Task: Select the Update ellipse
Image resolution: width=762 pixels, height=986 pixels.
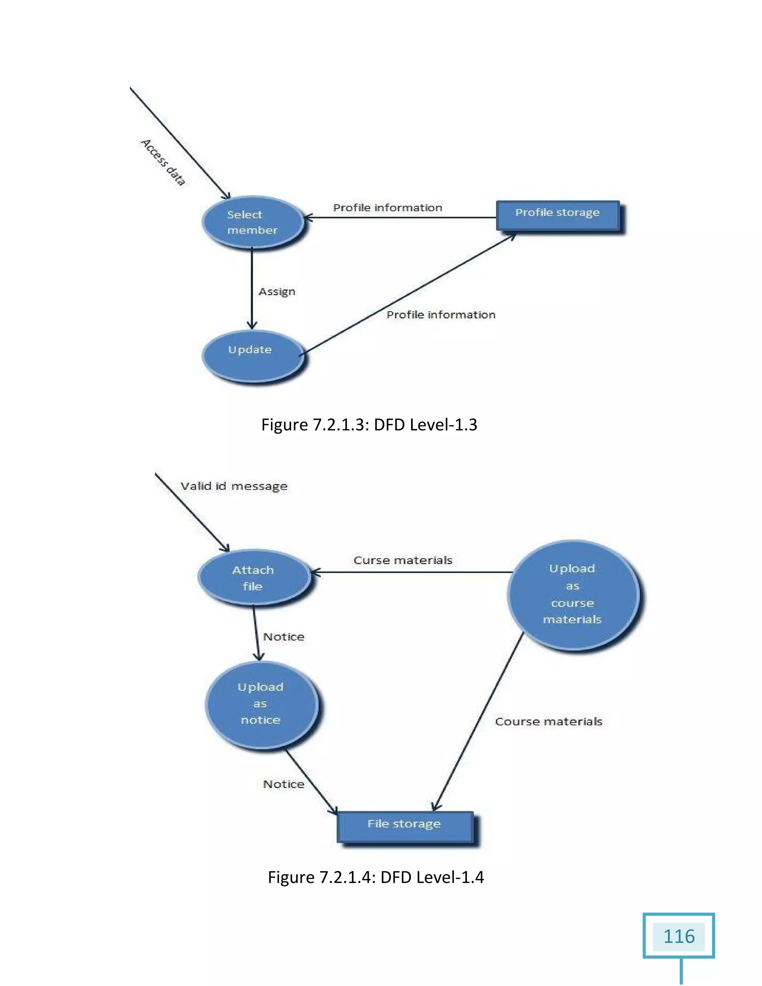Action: tap(252, 356)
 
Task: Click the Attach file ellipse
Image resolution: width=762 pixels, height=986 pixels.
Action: tap(254, 577)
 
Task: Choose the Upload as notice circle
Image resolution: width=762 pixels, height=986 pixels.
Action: tap(261, 704)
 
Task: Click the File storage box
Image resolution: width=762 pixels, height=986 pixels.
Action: tap(405, 826)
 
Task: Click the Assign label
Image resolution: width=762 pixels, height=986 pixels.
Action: tap(277, 292)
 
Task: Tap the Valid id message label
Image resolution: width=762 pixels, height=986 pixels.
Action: tap(234, 486)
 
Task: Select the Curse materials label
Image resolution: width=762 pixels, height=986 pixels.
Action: tap(403, 560)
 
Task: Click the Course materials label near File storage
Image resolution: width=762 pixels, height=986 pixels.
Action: tap(548, 721)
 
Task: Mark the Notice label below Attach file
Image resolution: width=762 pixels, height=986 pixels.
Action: tap(284, 637)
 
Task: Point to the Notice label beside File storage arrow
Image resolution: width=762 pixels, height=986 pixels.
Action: tap(284, 784)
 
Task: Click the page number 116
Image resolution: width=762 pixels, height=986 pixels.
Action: tap(679, 937)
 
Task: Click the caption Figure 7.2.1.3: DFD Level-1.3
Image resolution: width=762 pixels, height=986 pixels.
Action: tap(369, 425)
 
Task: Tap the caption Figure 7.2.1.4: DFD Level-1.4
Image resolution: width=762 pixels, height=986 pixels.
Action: tap(375, 877)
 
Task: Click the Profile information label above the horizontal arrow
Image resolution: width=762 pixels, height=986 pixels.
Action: tap(387, 208)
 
